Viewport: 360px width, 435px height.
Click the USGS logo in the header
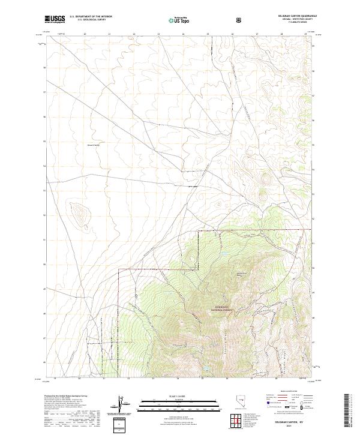[x=55, y=20]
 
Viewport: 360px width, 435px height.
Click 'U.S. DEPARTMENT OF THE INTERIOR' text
[x=90, y=17]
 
